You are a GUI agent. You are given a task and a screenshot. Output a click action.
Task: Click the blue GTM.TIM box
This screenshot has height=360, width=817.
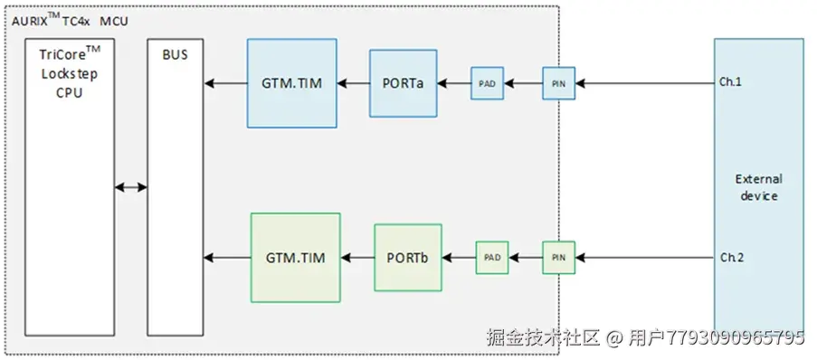(291, 83)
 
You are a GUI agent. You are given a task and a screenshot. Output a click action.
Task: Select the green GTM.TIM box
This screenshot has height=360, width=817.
(295, 258)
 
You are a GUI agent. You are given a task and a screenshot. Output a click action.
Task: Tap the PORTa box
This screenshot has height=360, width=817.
(403, 83)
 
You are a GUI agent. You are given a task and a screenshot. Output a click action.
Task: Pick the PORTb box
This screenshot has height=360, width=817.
(408, 258)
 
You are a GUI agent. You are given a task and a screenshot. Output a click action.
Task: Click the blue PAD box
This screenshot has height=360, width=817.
(487, 83)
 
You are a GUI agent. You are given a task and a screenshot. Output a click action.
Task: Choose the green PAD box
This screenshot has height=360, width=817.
(491, 258)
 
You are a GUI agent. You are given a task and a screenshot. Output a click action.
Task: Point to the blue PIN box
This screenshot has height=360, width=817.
(557, 83)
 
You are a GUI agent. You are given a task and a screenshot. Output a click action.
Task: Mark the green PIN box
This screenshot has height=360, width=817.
(558, 258)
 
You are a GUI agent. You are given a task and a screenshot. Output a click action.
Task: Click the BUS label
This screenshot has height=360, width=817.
(175, 55)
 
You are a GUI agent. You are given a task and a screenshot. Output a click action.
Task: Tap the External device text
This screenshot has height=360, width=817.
(758, 187)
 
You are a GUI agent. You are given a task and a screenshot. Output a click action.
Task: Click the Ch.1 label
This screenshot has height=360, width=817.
(731, 82)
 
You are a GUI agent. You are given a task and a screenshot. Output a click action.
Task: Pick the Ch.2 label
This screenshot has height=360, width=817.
(731, 258)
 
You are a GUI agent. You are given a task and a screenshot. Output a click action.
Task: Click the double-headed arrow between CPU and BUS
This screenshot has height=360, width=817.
(131, 187)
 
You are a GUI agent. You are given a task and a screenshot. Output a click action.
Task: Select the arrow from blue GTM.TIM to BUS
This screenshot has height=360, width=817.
(225, 84)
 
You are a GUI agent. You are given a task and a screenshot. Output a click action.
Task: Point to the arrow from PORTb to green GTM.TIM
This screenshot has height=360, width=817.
(356, 259)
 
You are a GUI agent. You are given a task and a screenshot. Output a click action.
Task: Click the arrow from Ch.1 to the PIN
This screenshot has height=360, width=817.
(642, 84)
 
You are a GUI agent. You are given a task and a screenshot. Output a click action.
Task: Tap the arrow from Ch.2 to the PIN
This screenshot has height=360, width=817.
(642, 259)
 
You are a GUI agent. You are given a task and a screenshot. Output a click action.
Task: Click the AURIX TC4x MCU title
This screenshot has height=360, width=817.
(71, 18)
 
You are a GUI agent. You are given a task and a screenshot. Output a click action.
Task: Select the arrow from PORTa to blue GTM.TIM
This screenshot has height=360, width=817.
(353, 84)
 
